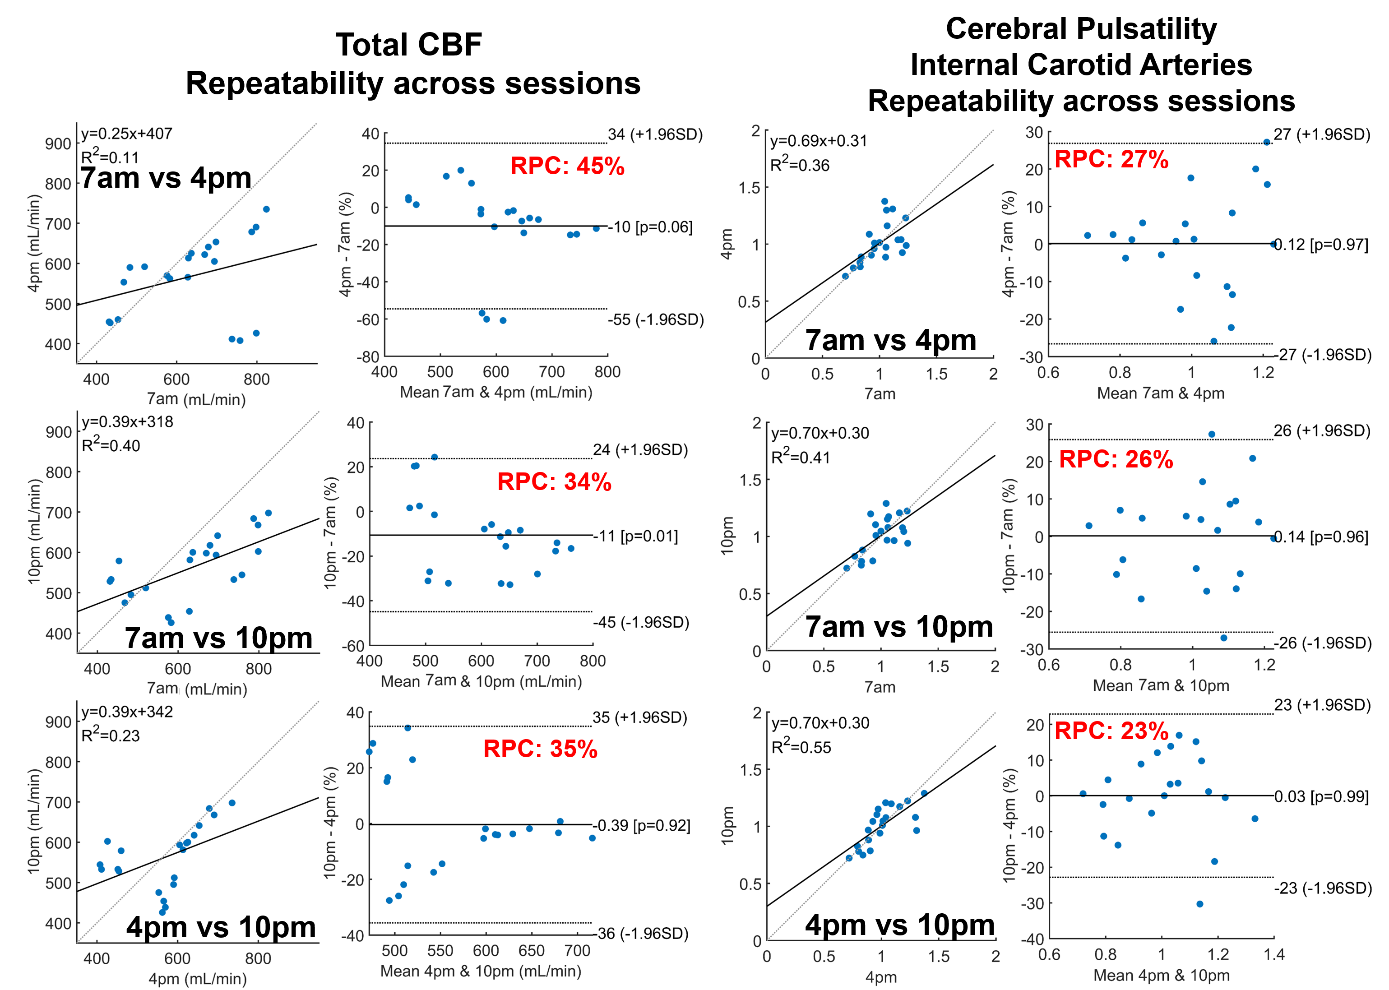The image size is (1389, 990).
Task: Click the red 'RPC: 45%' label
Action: (x=567, y=166)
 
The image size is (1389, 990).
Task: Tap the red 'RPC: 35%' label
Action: (x=540, y=749)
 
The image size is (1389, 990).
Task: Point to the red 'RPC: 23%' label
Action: (x=1111, y=730)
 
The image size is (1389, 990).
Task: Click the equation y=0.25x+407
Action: (x=127, y=134)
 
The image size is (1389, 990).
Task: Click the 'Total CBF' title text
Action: (x=409, y=45)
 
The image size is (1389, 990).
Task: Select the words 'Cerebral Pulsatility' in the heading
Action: (x=1081, y=28)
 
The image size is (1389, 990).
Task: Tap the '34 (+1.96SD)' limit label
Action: (x=655, y=134)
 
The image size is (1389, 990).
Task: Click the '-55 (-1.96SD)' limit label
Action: (x=655, y=319)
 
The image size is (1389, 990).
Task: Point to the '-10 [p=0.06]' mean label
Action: (x=651, y=227)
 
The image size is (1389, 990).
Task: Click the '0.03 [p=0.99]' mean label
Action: (x=1321, y=797)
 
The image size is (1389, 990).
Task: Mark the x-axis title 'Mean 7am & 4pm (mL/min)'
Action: (x=496, y=392)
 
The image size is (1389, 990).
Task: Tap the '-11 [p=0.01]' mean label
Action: (x=636, y=536)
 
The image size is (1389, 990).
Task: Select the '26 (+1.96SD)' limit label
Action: (x=1321, y=430)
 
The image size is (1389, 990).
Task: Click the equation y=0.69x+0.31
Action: (x=818, y=141)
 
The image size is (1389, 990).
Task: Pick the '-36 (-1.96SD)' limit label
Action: (x=641, y=933)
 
